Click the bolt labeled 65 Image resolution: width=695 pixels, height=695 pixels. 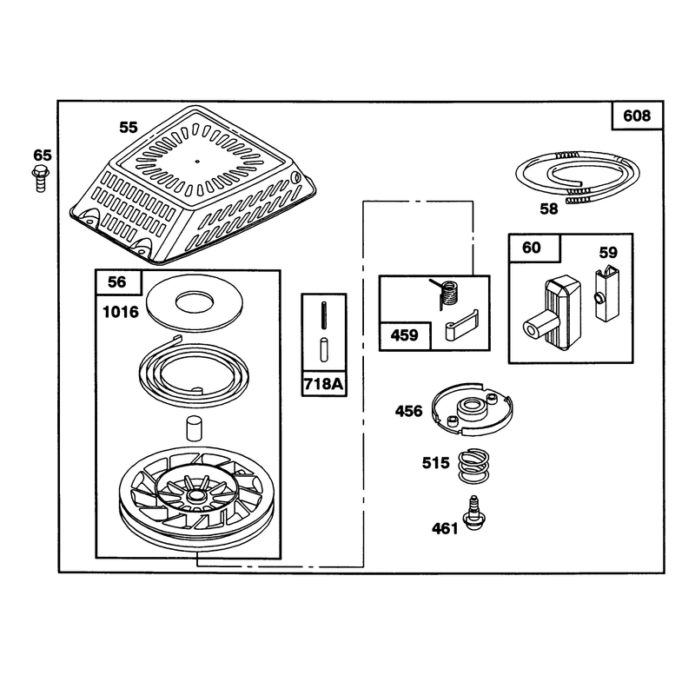[x=40, y=178]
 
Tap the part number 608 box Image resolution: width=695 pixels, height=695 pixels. [x=637, y=116]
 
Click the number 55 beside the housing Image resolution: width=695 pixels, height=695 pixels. [x=129, y=128]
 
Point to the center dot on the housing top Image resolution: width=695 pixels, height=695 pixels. [x=198, y=162]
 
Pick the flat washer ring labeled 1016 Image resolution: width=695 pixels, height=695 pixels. [x=194, y=302]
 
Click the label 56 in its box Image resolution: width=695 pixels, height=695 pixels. [x=117, y=281]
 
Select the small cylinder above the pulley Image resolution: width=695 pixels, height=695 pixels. [x=194, y=428]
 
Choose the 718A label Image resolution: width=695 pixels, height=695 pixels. [x=323, y=383]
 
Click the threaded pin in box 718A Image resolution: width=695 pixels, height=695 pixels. [x=324, y=315]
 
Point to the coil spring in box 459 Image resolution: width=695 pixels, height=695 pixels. [x=446, y=293]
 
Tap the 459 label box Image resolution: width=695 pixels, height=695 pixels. [x=405, y=335]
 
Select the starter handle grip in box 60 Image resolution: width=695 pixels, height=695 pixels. [x=552, y=313]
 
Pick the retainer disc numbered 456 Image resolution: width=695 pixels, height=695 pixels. [x=472, y=408]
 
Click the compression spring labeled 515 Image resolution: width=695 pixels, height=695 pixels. [x=473, y=467]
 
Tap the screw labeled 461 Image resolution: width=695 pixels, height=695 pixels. [x=473, y=513]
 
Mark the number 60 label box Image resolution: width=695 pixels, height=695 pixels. [x=534, y=248]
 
